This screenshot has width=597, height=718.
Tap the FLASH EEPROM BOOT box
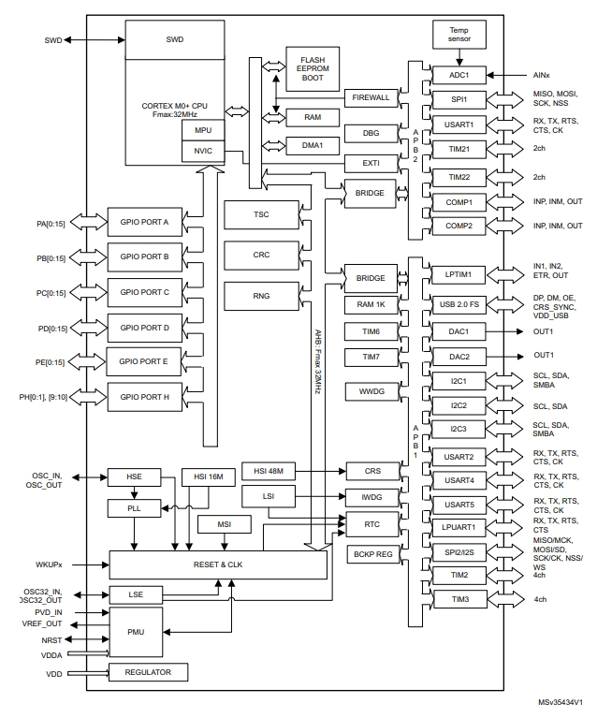pos(306,67)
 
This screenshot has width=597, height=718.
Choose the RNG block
pos(261,296)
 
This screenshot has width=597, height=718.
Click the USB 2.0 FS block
pos(458,303)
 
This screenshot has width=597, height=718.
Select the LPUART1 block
pos(458,527)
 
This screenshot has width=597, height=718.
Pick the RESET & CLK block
pos(219,564)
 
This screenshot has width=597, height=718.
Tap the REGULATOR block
pos(149,673)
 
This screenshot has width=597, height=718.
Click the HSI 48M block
pos(269,470)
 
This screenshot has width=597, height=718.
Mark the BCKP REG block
pos(371,555)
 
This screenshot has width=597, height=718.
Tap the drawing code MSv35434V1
pos(560,701)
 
